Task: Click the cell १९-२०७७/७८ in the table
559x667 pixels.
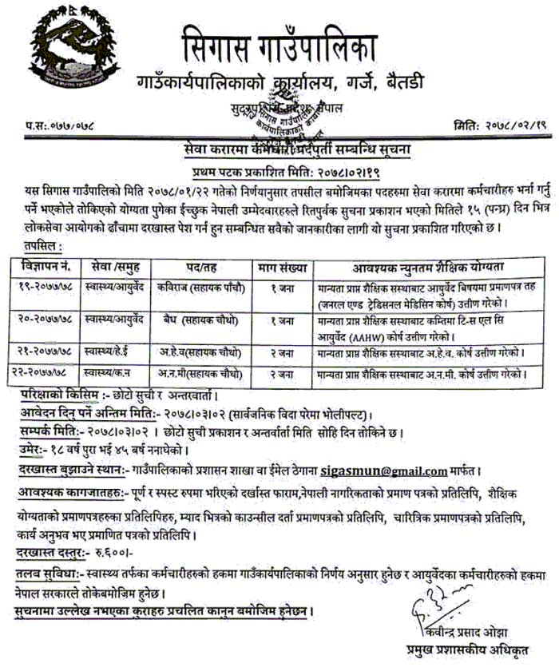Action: (46, 285)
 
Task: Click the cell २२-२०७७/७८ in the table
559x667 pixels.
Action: (46, 371)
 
